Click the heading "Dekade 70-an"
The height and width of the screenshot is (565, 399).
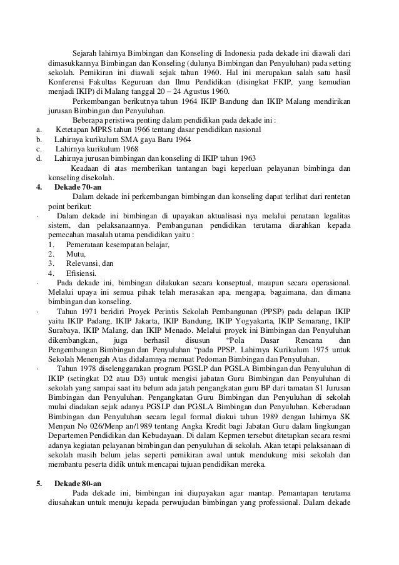pyautogui.click(x=78, y=187)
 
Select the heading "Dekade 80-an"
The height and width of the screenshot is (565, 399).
pyautogui.click(x=78, y=484)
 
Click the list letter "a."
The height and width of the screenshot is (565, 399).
pyautogui.click(x=39, y=129)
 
